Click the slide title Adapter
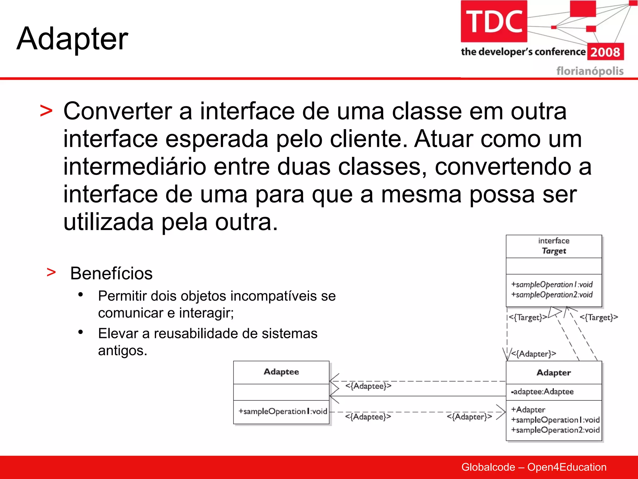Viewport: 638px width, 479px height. (72, 39)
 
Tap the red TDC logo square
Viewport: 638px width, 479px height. (494, 21)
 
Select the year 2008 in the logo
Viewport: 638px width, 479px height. (605, 52)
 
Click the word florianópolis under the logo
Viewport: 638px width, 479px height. (590, 71)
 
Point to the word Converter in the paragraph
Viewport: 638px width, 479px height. (118, 111)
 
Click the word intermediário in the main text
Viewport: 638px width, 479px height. (135, 167)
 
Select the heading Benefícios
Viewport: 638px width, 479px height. (111, 273)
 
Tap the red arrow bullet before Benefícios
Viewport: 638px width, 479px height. (51, 272)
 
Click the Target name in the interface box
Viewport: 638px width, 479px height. (554, 251)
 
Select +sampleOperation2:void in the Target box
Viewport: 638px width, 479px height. (552, 295)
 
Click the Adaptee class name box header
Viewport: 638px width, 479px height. (281, 372)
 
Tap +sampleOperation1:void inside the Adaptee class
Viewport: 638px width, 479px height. (283, 411)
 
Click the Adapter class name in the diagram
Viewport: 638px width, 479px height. (554, 373)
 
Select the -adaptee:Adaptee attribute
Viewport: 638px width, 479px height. (542, 392)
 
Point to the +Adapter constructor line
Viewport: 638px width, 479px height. (528, 409)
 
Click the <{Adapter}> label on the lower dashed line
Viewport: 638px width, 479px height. (469, 417)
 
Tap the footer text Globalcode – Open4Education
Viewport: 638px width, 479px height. (534, 467)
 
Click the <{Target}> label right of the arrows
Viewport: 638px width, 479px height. (598, 317)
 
